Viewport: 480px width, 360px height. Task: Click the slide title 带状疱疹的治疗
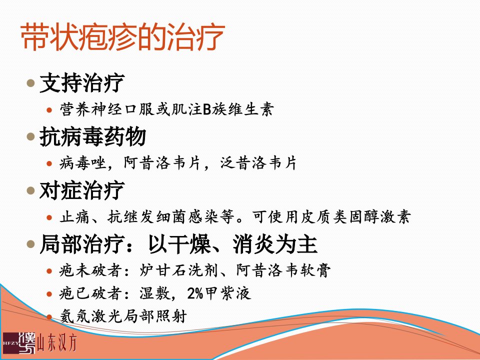click(123, 37)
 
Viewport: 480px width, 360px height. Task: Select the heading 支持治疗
click(82, 83)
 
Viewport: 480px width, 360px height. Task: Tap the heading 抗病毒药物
click(92, 136)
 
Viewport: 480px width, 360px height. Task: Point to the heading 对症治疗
click(82, 190)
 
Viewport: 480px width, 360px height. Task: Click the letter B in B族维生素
click(207, 109)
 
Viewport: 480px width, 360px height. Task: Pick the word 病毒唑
click(82, 163)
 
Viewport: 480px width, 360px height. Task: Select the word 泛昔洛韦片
click(258, 163)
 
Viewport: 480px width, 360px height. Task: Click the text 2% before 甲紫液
click(195, 293)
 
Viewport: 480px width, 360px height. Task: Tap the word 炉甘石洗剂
click(178, 270)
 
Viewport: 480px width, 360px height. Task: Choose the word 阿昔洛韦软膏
click(283, 270)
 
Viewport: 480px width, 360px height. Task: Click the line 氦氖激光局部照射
click(123, 316)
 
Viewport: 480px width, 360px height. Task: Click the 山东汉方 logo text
click(57, 342)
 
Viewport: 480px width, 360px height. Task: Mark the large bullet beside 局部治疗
click(30, 244)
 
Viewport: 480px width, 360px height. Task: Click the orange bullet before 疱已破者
click(49, 294)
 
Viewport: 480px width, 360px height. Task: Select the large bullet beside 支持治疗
click(30, 82)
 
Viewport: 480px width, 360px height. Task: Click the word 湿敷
click(154, 293)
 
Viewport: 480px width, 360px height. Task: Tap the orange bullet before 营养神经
click(49, 110)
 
